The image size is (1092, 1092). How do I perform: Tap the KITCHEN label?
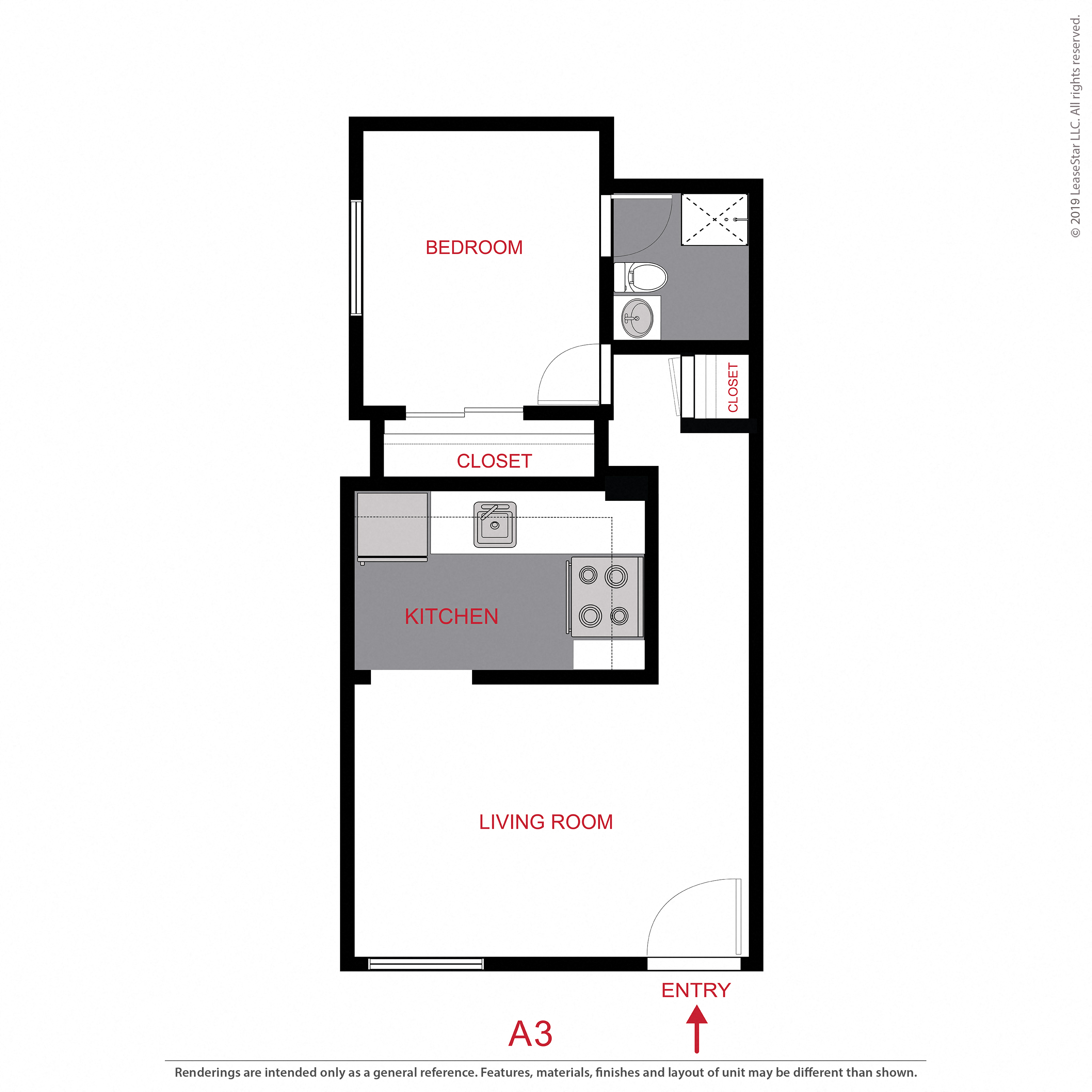tap(451, 617)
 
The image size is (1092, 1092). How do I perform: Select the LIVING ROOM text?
tap(545, 822)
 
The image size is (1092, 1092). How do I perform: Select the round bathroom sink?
tap(637, 318)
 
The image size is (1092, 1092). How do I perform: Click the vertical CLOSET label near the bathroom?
tap(733, 387)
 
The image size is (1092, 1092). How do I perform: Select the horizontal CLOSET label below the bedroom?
tap(494, 461)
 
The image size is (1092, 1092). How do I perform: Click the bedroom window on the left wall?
tap(356, 257)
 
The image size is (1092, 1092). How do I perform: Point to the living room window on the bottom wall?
tap(426, 964)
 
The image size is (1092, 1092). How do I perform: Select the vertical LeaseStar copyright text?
tap(1075, 127)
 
